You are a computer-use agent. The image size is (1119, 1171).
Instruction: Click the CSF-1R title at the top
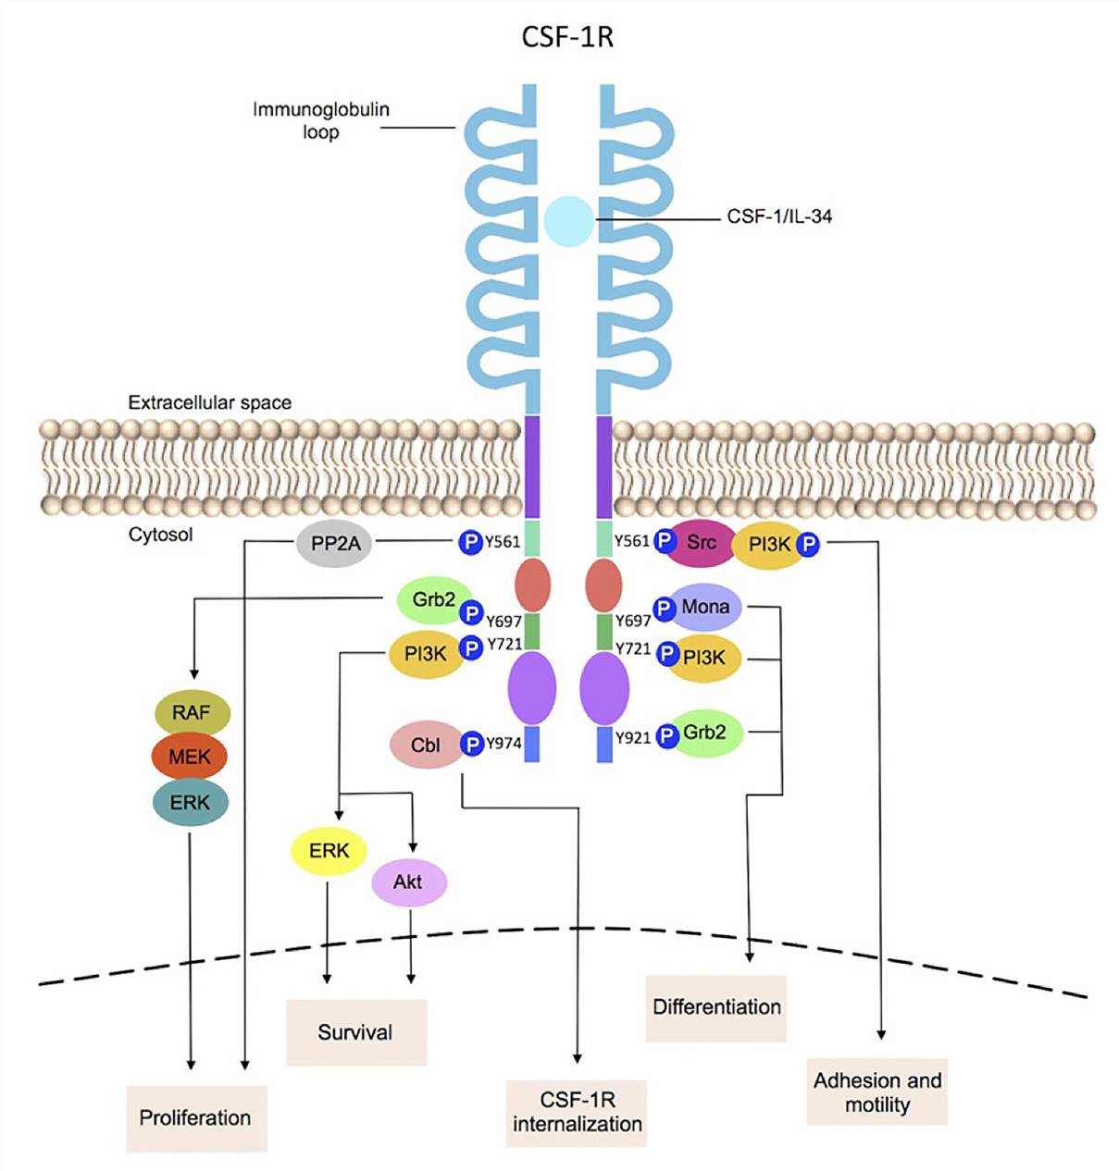pos(567,37)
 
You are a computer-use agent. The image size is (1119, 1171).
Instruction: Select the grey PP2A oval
pos(335,544)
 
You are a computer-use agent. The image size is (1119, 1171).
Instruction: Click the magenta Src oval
pos(701,543)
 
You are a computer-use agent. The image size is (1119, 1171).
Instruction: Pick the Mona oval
pos(705,608)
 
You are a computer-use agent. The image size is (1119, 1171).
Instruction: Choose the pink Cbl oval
pos(426,745)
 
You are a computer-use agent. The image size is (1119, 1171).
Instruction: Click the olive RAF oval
pos(191,713)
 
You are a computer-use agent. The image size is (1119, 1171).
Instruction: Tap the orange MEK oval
pos(190,758)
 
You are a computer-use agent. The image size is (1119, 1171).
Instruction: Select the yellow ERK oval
pos(329,851)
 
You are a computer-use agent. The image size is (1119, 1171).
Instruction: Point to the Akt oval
pos(408,882)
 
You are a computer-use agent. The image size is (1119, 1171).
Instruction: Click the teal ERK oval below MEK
pos(190,803)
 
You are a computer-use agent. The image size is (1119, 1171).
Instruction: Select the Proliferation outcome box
pos(196,1117)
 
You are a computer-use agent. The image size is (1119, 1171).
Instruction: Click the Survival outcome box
pos(355,1032)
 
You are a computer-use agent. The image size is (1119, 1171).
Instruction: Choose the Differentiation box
pos(716,1007)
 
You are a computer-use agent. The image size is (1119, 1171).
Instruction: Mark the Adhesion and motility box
pos(877,1092)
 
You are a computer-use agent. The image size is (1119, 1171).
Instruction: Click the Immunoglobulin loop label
pos(321,120)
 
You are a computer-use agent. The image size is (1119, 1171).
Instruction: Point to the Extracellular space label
pos(210,403)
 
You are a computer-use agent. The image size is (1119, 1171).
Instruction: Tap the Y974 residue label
pos(504,743)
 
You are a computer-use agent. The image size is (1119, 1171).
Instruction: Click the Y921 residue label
pos(633,737)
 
